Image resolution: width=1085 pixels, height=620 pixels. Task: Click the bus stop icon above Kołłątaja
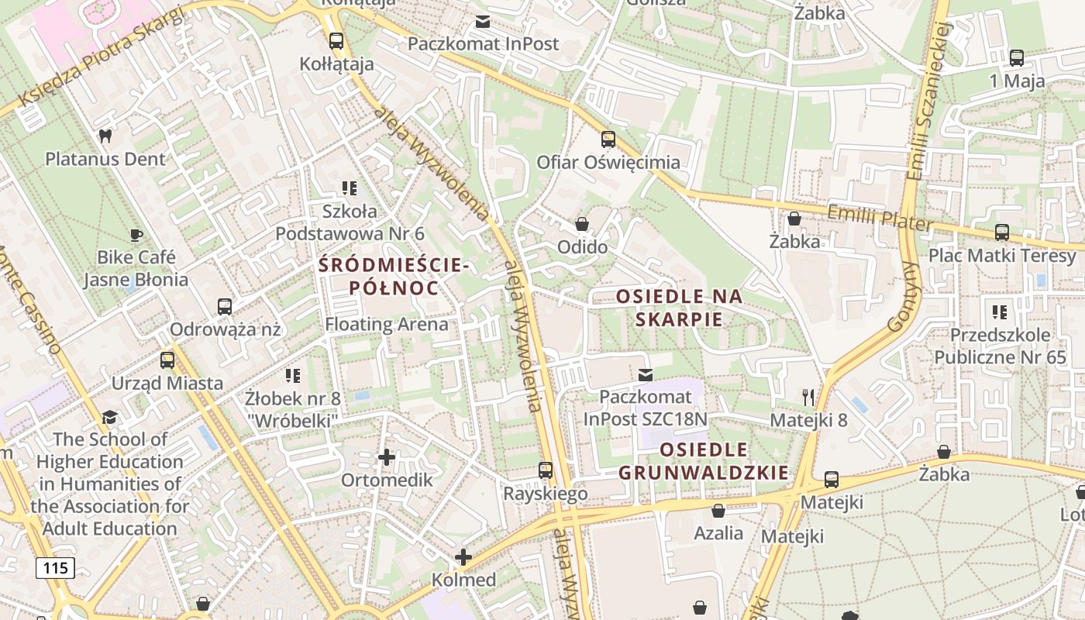coord(336,41)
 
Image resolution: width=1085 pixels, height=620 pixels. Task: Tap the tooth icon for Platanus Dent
coord(105,136)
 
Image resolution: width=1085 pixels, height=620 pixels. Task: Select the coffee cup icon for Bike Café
coord(136,234)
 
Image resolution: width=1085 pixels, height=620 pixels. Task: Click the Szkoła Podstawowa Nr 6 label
coord(350,222)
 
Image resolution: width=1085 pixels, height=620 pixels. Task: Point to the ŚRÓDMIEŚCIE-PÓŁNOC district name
coord(394,277)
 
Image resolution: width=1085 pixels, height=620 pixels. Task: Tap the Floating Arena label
coord(386,324)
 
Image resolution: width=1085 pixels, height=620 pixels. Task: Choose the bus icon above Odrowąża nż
coord(225,306)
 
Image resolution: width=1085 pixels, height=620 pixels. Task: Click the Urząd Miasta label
coord(167,383)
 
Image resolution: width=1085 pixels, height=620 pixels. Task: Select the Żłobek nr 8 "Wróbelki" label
coord(292,409)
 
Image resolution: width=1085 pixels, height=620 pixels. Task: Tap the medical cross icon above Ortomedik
coord(387,457)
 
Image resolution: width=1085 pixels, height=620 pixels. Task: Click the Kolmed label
coord(463,580)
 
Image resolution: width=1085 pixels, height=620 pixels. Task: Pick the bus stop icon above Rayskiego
coord(546,470)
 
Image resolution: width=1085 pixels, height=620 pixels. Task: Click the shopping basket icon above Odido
coord(582,224)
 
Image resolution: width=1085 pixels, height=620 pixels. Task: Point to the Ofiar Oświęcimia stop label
coord(608,162)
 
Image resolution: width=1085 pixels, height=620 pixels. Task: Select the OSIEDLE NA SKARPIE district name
coord(679,308)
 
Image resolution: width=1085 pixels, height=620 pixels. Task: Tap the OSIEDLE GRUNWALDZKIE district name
coord(704,461)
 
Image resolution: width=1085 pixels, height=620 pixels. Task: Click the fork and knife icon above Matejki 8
coord(808,398)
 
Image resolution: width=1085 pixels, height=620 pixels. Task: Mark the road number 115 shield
coord(55,568)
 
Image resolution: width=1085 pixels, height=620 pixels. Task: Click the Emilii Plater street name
coord(880,216)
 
